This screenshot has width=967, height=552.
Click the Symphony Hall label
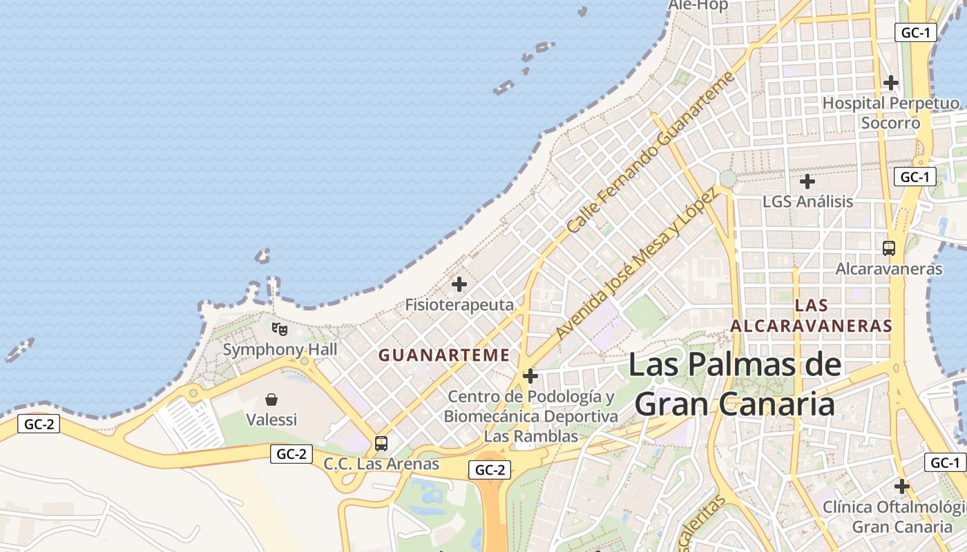(280, 349)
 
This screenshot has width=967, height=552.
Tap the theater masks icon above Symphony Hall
(280, 328)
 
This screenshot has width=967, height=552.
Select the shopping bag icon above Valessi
(271, 400)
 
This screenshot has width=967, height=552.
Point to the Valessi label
(271, 420)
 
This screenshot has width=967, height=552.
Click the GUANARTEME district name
(444, 355)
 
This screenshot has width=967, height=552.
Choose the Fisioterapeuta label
(459, 304)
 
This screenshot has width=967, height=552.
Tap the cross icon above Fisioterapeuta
(459, 284)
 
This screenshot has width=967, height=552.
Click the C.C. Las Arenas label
(381, 464)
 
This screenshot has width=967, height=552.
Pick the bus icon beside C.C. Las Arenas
(381, 444)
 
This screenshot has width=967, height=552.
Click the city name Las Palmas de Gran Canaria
(735, 384)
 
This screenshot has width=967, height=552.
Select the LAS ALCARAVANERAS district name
(812, 315)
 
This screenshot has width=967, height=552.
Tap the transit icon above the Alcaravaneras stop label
(889, 248)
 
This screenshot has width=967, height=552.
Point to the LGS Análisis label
(807, 201)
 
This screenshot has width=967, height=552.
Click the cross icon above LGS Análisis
(807, 182)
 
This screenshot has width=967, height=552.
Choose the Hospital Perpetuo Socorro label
(890, 113)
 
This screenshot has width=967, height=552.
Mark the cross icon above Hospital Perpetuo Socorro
(891, 83)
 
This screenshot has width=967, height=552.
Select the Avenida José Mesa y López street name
(636, 263)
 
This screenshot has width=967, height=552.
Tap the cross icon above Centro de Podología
(530, 376)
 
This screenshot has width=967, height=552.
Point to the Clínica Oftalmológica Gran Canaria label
(895, 517)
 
